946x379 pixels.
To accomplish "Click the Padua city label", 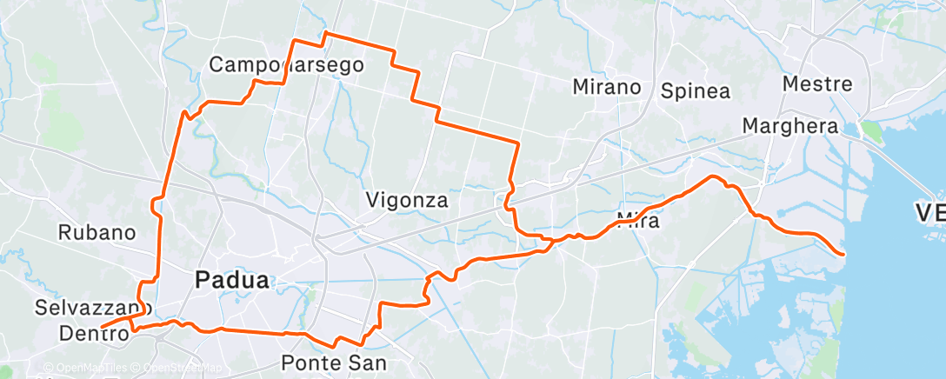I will click(x=232, y=280).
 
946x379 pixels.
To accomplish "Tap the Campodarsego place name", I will click(x=286, y=64).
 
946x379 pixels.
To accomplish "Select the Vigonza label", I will click(x=407, y=201).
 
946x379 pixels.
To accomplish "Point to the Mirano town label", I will click(x=607, y=87).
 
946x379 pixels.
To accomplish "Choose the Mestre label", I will click(x=817, y=84).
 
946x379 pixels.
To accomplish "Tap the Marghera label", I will click(x=789, y=126).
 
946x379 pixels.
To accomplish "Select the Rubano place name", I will click(x=97, y=232).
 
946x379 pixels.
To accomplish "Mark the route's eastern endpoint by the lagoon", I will click(x=843, y=253).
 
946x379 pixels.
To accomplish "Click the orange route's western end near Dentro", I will click(x=102, y=328).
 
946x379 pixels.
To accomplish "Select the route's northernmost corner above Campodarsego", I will click(x=325, y=33).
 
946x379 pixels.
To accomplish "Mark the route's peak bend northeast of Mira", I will click(x=714, y=177).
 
